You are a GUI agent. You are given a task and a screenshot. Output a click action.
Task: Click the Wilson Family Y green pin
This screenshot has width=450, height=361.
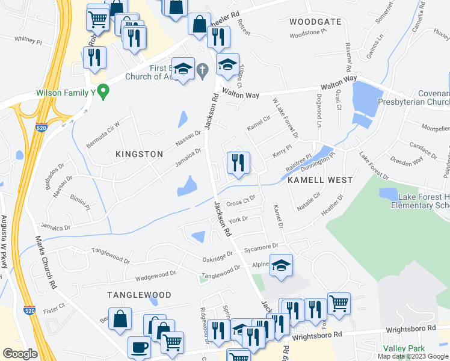pos(103,92)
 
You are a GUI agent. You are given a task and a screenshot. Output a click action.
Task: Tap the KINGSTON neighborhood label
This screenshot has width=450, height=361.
pos(139,154)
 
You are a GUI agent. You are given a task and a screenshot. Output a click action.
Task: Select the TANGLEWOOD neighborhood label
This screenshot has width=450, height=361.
pos(139,295)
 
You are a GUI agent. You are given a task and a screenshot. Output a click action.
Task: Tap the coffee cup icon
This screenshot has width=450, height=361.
pos(140,348)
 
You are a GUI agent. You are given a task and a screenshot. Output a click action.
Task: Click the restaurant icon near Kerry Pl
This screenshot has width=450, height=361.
pos(239,163)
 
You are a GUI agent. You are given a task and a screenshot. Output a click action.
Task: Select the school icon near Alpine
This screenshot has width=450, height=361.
pos(281,266)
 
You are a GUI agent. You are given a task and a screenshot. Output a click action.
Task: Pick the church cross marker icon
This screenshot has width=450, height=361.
pos(203,71)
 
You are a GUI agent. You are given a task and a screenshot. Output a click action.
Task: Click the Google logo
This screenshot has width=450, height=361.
pos(20,354)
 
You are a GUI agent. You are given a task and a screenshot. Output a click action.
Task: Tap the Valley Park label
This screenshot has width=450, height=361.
pos(404,348)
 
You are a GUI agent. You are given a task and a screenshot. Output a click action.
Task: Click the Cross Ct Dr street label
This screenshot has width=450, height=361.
pos(241,200)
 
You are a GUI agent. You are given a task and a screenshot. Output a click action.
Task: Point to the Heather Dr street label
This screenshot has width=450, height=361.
pos(332,206)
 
